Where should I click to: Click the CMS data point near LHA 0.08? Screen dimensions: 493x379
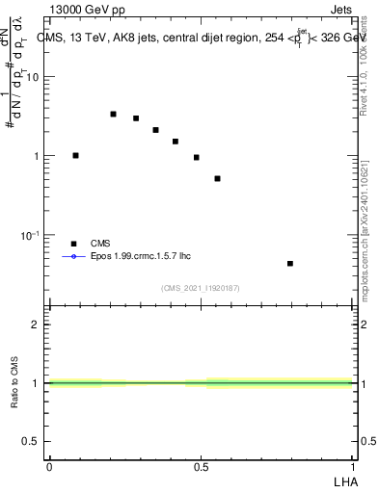(x=75, y=155)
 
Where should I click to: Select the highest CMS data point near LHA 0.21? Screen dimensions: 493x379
(x=113, y=114)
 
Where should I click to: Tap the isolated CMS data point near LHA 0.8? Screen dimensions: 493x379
(x=290, y=263)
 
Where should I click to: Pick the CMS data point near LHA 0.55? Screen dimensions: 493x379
(x=218, y=178)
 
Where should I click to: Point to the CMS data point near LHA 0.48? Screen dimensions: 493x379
(x=196, y=157)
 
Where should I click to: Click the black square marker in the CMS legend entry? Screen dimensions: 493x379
(x=72, y=244)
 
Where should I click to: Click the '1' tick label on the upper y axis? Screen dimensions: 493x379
(x=37, y=156)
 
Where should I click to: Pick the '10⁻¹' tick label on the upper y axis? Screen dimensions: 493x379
(x=31, y=235)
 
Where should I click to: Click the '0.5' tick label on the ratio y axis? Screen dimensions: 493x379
(x=32, y=442)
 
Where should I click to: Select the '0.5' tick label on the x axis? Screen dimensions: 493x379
(x=201, y=465)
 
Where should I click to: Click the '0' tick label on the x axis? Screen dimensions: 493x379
(x=49, y=465)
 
